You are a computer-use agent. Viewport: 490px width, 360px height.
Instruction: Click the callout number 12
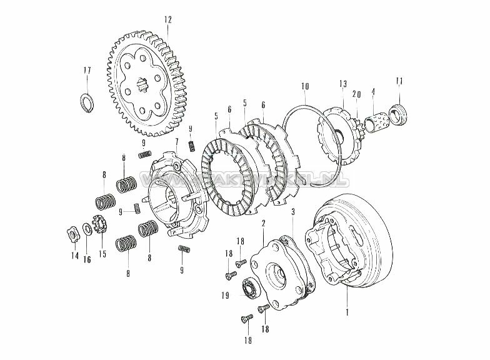pos(167,19)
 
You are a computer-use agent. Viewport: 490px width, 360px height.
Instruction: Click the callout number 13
pos(343,84)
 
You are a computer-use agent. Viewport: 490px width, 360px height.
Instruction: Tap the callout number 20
pos(356,94)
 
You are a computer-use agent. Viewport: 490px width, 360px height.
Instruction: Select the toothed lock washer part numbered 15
pos(97,222)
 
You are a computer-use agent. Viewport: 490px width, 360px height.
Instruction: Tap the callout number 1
pos(347,309)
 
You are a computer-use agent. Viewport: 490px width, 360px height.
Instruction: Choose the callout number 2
pos(264,223)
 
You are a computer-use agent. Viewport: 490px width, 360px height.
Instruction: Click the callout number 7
pos(177,142)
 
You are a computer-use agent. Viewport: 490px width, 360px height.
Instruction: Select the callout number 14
pos(74,256)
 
